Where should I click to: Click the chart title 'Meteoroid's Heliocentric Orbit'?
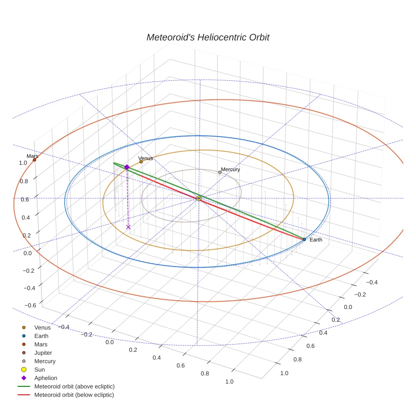click(x=208, y=38)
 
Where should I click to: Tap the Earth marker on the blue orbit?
click(x=304, y=239)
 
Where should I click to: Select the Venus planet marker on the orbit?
click(x=141, y=161)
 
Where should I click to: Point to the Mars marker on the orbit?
click(x=34, y=160)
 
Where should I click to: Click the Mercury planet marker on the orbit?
click(x=220, y=172)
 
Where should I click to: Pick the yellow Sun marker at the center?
click(x=199, y=198)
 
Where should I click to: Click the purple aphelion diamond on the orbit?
click(x=127, y=167)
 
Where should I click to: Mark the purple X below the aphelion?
click(x=129, y=227)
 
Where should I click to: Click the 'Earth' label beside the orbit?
click(x=316, y=240)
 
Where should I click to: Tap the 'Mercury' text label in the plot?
click(x=230, y=170)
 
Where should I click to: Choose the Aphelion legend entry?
click(x=46, y=378)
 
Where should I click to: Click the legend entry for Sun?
click(x=39, y=369)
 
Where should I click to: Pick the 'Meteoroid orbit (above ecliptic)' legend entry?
click(x=74, y=386)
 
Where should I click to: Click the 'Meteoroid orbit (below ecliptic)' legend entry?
click(x=74, y=395)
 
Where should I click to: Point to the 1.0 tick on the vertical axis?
click(x=23, y=163)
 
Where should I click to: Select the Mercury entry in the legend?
click(x=45, y=361)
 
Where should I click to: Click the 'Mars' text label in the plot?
click(x=32, y=156)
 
